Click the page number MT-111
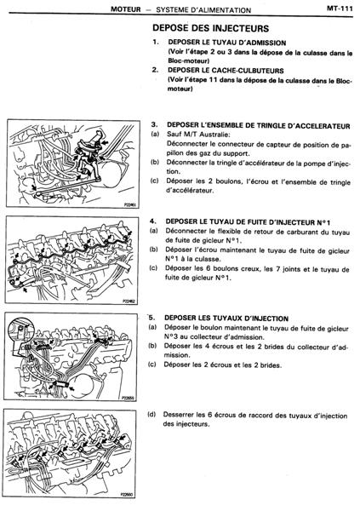click(340, 9)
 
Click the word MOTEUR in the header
click(126, 9)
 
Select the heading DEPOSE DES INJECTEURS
click(211, 28)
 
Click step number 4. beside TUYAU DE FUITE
click(153, 221)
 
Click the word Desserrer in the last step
click(179, 415)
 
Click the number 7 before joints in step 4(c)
click(277, 269)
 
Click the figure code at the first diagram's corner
click(130, 205)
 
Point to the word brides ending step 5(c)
click(271, 365)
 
